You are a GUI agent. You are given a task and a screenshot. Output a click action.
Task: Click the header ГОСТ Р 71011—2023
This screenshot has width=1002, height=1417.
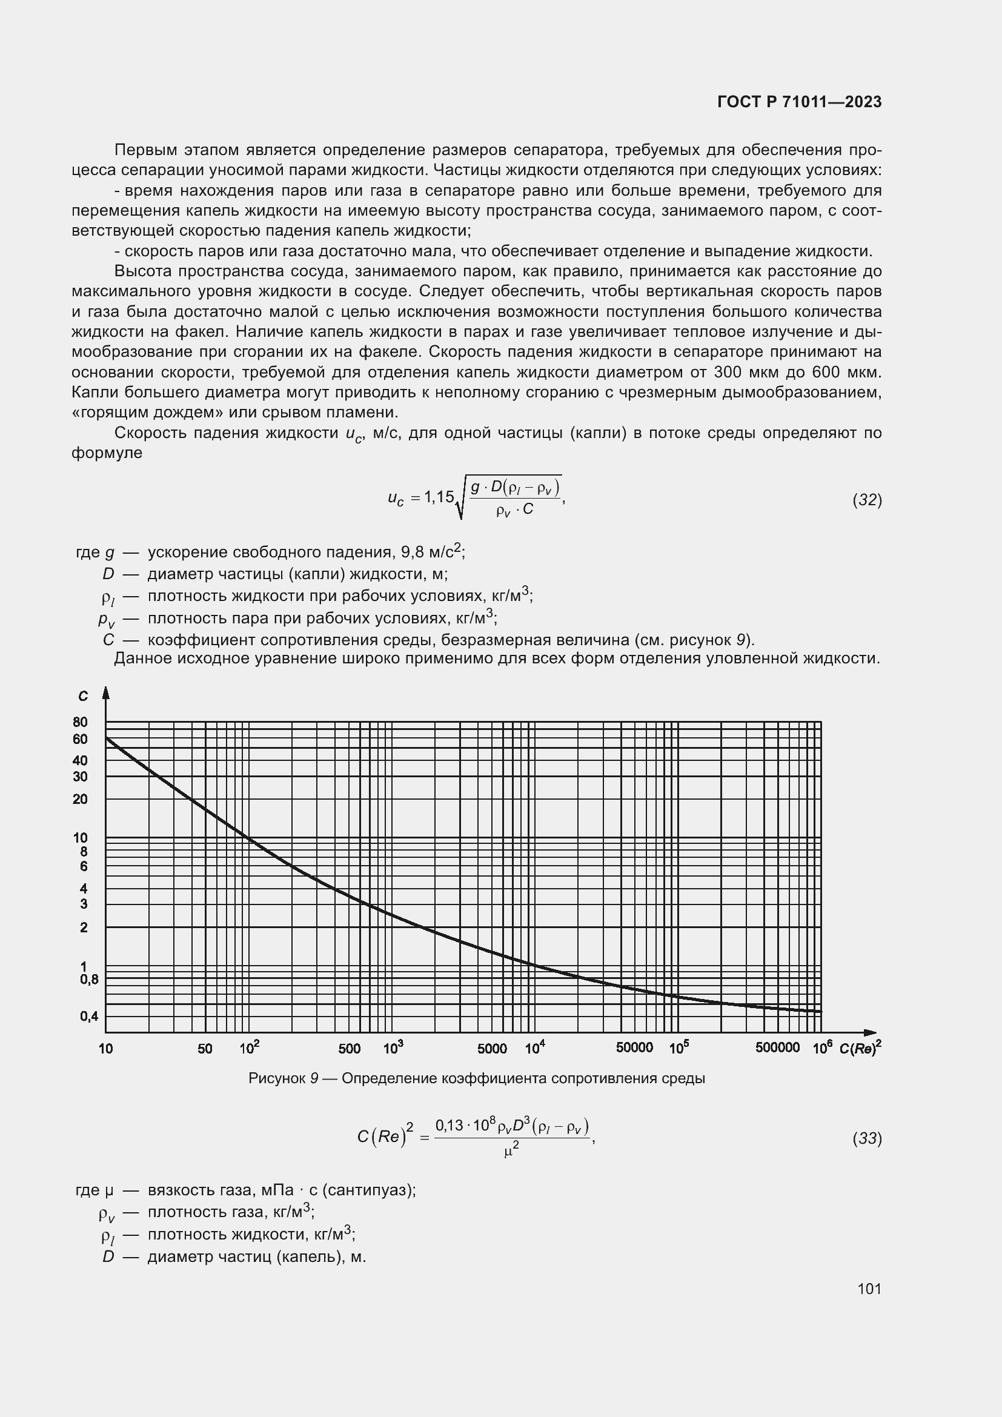click(800, 102)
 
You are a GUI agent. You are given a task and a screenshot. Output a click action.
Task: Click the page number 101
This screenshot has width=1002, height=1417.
click(869, 1289)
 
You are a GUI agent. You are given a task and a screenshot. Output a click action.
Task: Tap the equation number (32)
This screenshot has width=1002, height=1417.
click(867, 500)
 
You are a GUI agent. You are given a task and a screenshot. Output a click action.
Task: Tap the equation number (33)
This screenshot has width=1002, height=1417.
click(867, 1138)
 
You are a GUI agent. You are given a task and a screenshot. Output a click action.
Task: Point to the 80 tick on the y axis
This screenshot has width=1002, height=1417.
click(80, 722)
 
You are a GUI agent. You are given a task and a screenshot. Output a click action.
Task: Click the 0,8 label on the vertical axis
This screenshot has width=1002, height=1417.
click(89, 979)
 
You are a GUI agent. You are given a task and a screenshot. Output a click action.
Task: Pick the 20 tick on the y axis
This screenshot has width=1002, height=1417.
click(80, 799)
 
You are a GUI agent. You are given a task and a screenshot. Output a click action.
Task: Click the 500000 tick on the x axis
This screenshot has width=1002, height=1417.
click(777, 1047)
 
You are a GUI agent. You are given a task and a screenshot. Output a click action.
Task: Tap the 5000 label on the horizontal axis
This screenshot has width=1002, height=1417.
click(492, 1049)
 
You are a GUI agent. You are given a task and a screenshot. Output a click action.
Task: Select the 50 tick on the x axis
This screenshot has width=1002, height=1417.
click(205, 1049)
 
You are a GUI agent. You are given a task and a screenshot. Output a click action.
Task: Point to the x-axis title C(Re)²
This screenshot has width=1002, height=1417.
click(860, 1047)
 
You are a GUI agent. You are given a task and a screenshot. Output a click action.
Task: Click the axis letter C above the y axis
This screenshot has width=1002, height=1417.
click(83, 696)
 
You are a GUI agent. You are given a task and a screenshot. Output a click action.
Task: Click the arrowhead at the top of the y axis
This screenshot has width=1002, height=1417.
click(106, 693)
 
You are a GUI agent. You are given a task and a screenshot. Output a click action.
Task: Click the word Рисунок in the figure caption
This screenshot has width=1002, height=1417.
click(276, 1079)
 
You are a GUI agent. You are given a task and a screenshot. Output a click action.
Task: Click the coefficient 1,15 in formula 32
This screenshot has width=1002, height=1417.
click(436, 497)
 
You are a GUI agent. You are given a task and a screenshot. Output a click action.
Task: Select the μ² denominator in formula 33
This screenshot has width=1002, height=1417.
click(511, 1150)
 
